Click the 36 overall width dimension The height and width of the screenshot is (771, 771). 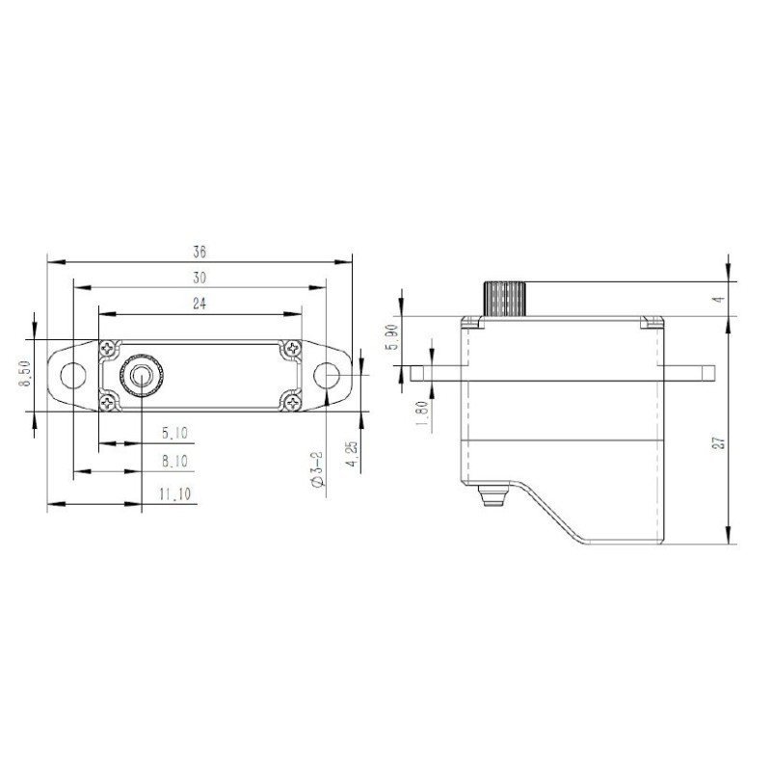(x=199, y=253)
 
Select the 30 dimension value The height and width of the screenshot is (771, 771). (x=199, y=278)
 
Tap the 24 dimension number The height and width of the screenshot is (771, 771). (x=199, y=304)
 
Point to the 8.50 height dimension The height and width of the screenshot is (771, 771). (x=25, y=374)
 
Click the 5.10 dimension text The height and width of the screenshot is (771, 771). (x=175, y=433)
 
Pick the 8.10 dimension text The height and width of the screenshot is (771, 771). (x=175, y=462)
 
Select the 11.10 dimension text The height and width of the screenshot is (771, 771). (x=175, y=493)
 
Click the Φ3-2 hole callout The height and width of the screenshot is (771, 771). (x=317, y=469)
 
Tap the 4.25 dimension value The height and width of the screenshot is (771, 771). (x=352, y=454)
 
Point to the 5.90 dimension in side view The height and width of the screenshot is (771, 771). (x=392, y=336)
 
